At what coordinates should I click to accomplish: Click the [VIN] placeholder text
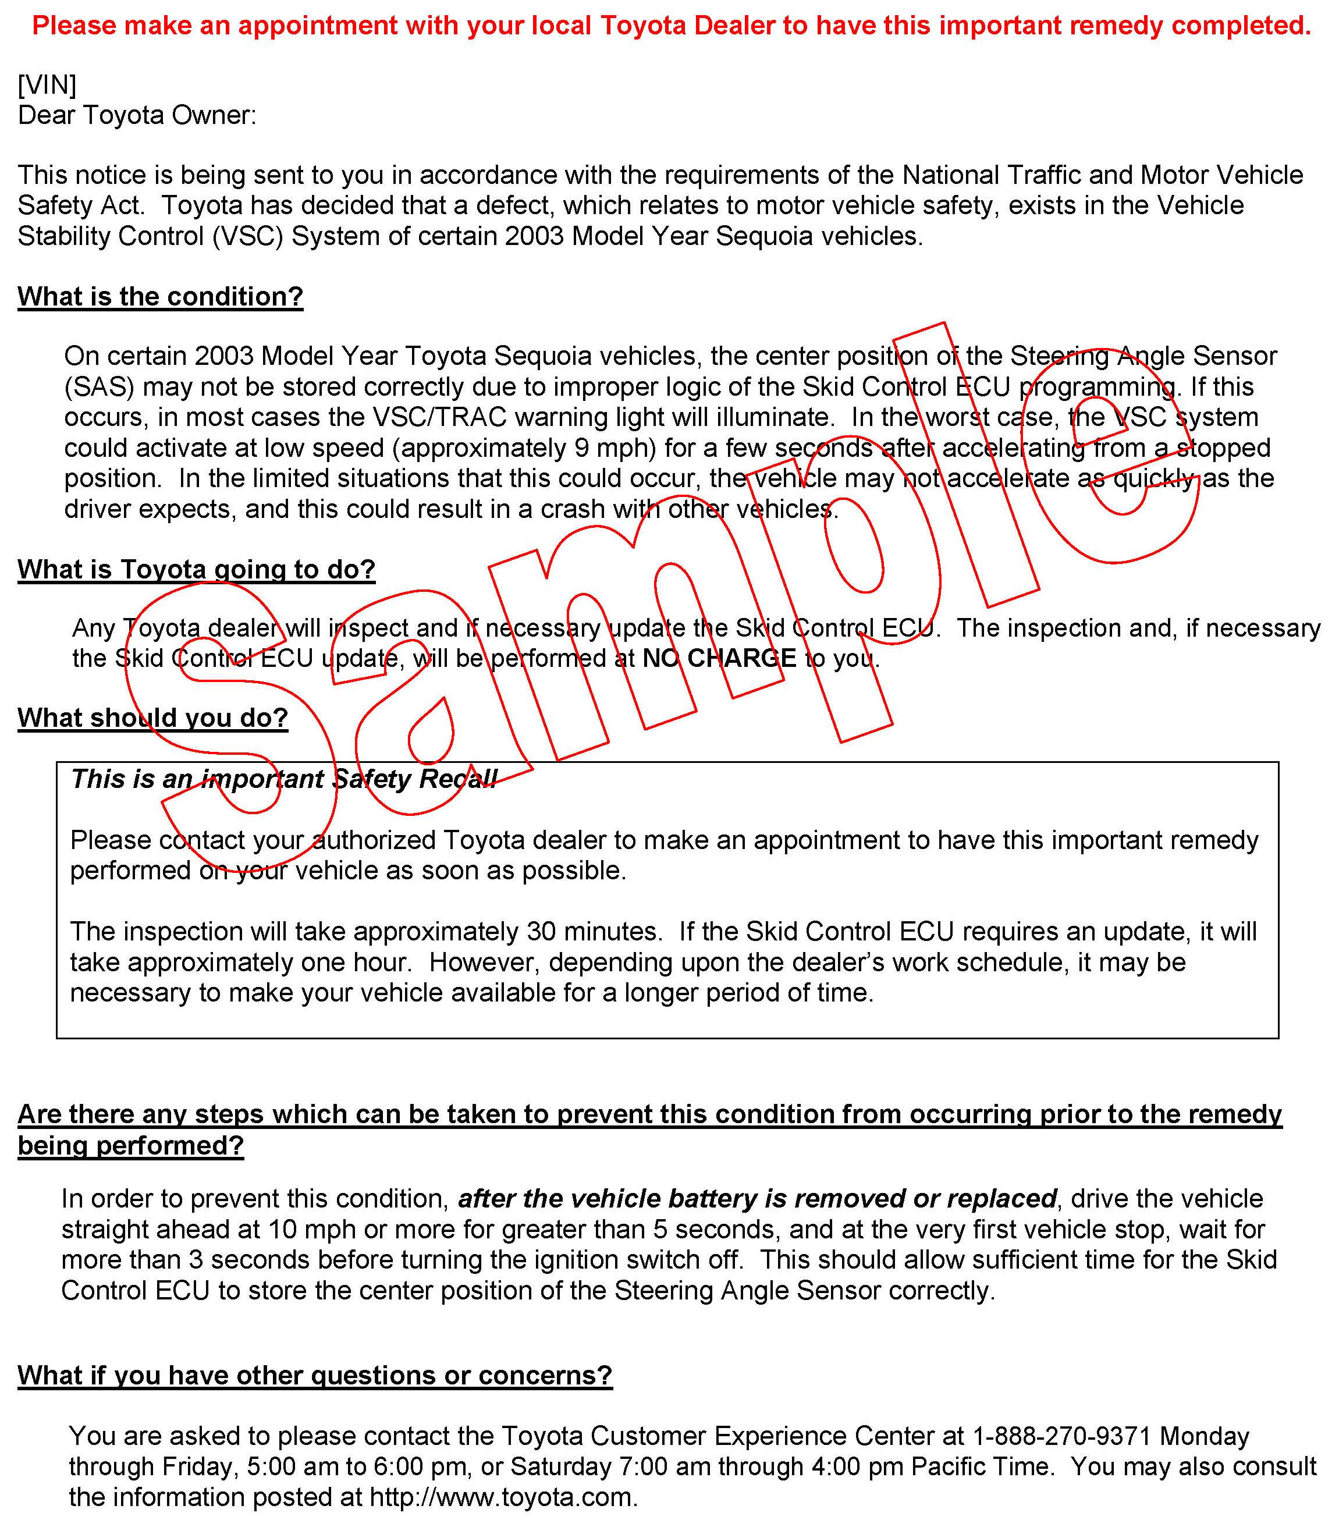pos(47,85)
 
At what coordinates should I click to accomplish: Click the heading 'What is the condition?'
pos(160,297)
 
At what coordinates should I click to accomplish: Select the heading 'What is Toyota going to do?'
pos(196,569)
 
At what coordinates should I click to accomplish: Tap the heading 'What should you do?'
pos(152,717)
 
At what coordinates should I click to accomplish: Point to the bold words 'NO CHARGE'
pos(719,658)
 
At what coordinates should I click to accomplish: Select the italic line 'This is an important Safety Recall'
pos(283,779)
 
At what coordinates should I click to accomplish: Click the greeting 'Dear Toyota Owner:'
pos(137,116)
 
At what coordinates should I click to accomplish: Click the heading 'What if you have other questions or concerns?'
pos(315,1375)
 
